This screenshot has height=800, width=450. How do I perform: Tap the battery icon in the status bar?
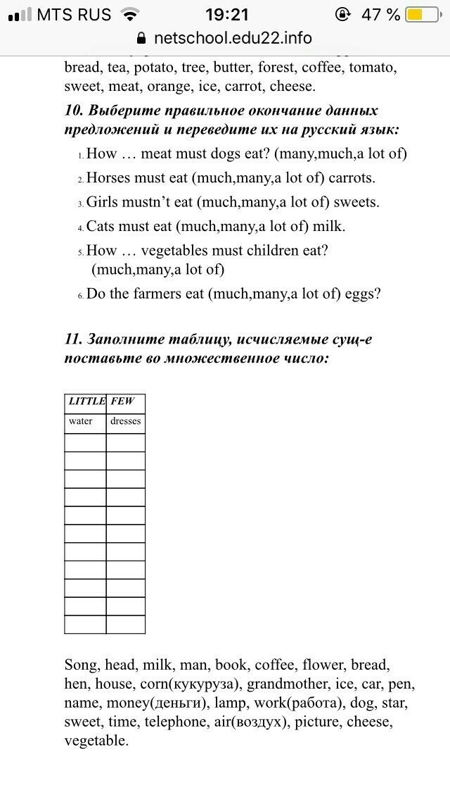(422, 15)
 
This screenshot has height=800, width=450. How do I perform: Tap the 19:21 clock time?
(227, 15)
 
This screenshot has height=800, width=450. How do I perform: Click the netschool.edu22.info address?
(233, 38)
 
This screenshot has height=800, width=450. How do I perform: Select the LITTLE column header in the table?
(86, 401)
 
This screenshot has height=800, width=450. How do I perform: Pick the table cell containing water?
(81, 421)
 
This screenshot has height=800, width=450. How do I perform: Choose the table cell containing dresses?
(126, 421)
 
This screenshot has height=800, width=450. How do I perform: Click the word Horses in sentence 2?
(108, 178)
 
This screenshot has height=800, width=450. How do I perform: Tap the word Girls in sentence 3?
(102, 202)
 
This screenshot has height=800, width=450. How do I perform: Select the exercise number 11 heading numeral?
(72, 339)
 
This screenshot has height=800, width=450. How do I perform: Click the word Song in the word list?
(81, 665)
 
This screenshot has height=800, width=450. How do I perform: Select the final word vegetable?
(96, 741)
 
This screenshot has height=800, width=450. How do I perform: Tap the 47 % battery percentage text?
(380, 15)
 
